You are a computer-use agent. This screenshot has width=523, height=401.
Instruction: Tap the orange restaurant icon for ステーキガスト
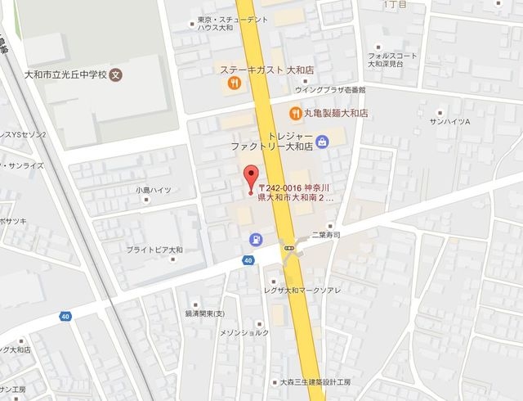point(234,83)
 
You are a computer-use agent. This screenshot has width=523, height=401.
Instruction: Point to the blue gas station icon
point(255,239)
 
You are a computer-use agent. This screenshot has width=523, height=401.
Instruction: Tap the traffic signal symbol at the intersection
point(288,245)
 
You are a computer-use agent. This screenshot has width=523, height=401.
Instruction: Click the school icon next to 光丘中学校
point(116,73)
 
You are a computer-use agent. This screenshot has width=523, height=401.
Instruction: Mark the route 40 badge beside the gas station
point(248,260)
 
